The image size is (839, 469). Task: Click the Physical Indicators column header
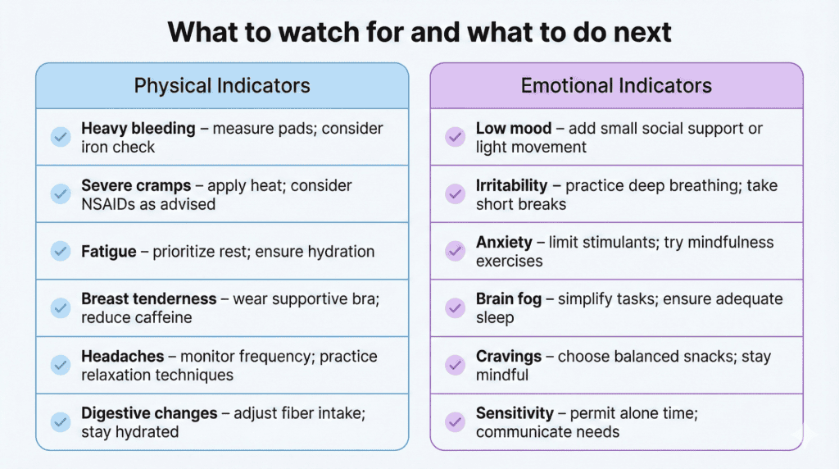pos(222,86)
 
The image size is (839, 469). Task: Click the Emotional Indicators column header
pos(616,86)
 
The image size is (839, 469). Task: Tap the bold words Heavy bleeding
pos(138,129)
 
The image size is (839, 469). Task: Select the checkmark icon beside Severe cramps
pos(61,194)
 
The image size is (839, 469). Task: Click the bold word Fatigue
pos(110,252)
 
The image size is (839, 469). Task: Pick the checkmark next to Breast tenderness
pos(61,308)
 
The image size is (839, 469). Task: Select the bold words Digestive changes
pos(149,413)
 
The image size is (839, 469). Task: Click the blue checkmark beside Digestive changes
pos(61,422)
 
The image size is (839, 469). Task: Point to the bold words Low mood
pos(513,129)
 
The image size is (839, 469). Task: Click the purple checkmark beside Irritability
pos(455,194)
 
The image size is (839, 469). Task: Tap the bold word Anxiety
pos(505,243)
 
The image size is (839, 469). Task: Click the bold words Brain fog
pos(509,299)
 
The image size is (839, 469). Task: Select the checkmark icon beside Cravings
pos(455,366)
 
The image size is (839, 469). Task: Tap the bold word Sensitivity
pos(516,413)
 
